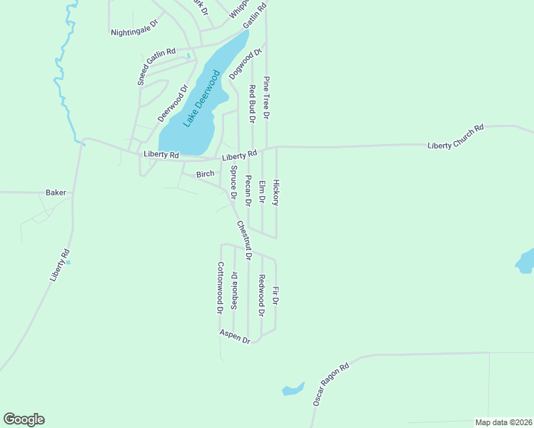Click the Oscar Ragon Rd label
[x=331, y=384]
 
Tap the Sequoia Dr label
[x=234, y=290]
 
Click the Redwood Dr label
[x=262, y=295]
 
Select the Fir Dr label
[x=276, y=297]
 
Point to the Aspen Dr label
[x=235, y=337]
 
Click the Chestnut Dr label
[x=244, y=240]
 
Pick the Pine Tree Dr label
[x=266, y=97]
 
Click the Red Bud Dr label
[x=252, y=103]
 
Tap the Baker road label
[x=56, y=193]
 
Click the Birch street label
[x=205, y=174]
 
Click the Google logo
[x=24, y=419]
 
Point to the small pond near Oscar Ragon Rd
[x=292, y=389]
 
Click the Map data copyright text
[x=503, y=422]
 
